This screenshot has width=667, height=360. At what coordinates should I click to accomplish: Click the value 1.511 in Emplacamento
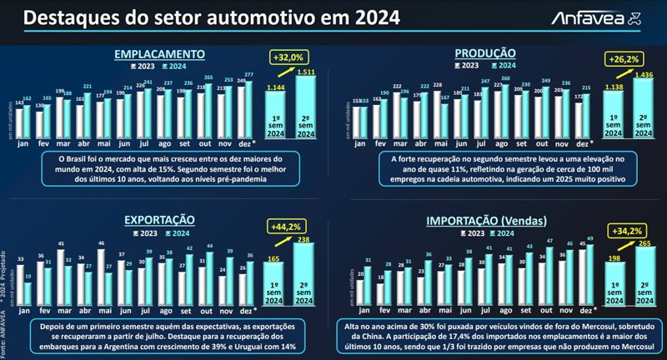[x=306, y=72]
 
